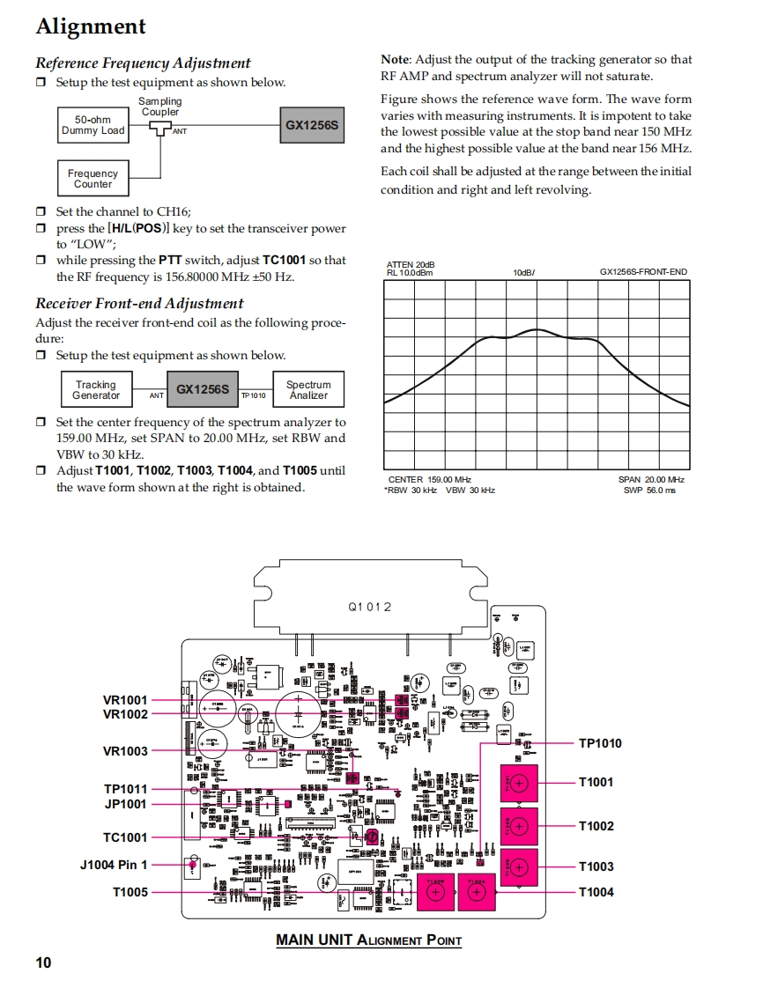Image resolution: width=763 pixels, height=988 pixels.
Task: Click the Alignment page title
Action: coord(91,26)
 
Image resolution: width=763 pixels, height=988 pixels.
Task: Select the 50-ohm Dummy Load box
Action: coord(93,125)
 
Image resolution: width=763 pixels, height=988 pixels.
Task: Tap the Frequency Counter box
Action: coord(93,179)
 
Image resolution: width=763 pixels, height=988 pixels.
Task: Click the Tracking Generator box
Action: coord(95,390)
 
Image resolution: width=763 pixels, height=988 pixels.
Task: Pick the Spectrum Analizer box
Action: coord(308,390)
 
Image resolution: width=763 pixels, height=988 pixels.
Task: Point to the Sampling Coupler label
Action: coord(159,107)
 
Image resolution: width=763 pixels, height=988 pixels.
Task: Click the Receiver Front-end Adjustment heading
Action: coord(139,303)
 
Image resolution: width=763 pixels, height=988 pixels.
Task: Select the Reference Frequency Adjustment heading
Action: coord(143,63)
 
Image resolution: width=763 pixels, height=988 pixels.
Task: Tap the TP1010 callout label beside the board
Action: coord(599,743)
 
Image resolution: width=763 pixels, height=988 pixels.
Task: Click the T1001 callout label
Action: coord(596,782)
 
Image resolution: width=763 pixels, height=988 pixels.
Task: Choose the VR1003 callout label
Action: coord(125,751)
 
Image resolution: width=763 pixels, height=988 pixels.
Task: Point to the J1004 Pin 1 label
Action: coord(114,865)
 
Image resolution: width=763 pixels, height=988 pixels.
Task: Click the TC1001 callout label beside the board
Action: coord(125,837)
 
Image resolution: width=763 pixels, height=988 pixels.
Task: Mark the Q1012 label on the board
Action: coord(369,607)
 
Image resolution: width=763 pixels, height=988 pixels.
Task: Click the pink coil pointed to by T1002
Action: coord(518,826)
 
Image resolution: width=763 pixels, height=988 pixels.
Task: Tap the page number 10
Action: coord(43,962)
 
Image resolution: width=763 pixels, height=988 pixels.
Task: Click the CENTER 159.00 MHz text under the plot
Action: coord(430,479)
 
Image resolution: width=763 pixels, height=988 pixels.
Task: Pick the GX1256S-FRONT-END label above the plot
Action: coord(643,272)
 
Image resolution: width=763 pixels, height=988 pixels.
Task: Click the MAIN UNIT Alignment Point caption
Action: coord(368,940)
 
